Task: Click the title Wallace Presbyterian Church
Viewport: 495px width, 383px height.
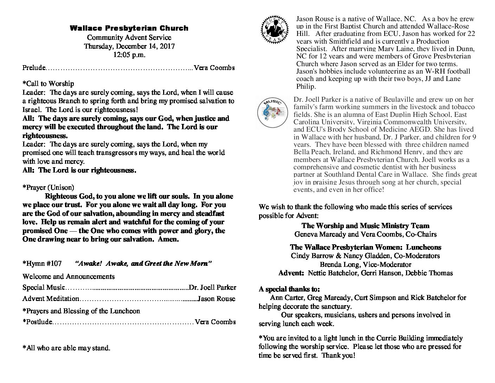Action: click(x=129, y=28)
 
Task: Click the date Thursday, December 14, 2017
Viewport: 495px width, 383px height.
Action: click(x=129, y=46)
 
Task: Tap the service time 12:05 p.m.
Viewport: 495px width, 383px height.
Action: click(x=129, y=55)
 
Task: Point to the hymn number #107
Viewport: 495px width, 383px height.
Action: click(x=53, y=264)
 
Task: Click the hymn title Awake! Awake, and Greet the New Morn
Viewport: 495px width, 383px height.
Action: click(x=143, y=264)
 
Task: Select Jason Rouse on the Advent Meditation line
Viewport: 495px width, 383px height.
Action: click(x=217, y=299)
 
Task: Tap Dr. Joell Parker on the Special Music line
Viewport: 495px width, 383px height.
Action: click(x=213, y=288)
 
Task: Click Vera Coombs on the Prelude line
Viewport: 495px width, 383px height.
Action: click(x=214, y=68)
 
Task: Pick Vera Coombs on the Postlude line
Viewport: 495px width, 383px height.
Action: click(x=215, y=322)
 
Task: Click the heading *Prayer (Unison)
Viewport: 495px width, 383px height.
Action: click(x=48, y=187)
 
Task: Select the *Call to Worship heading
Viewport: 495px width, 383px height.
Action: click(x=48, y=84)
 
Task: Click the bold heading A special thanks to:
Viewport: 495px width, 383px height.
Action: click(x=289, y=289)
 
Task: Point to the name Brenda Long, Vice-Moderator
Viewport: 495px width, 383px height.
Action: click(x=365, y=264)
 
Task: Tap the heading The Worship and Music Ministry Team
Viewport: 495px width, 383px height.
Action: click(x=365, y=226)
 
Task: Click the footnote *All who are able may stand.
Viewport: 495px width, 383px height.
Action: click(x=66, y=348)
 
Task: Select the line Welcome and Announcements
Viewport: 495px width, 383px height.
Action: click(x=69, y=276)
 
